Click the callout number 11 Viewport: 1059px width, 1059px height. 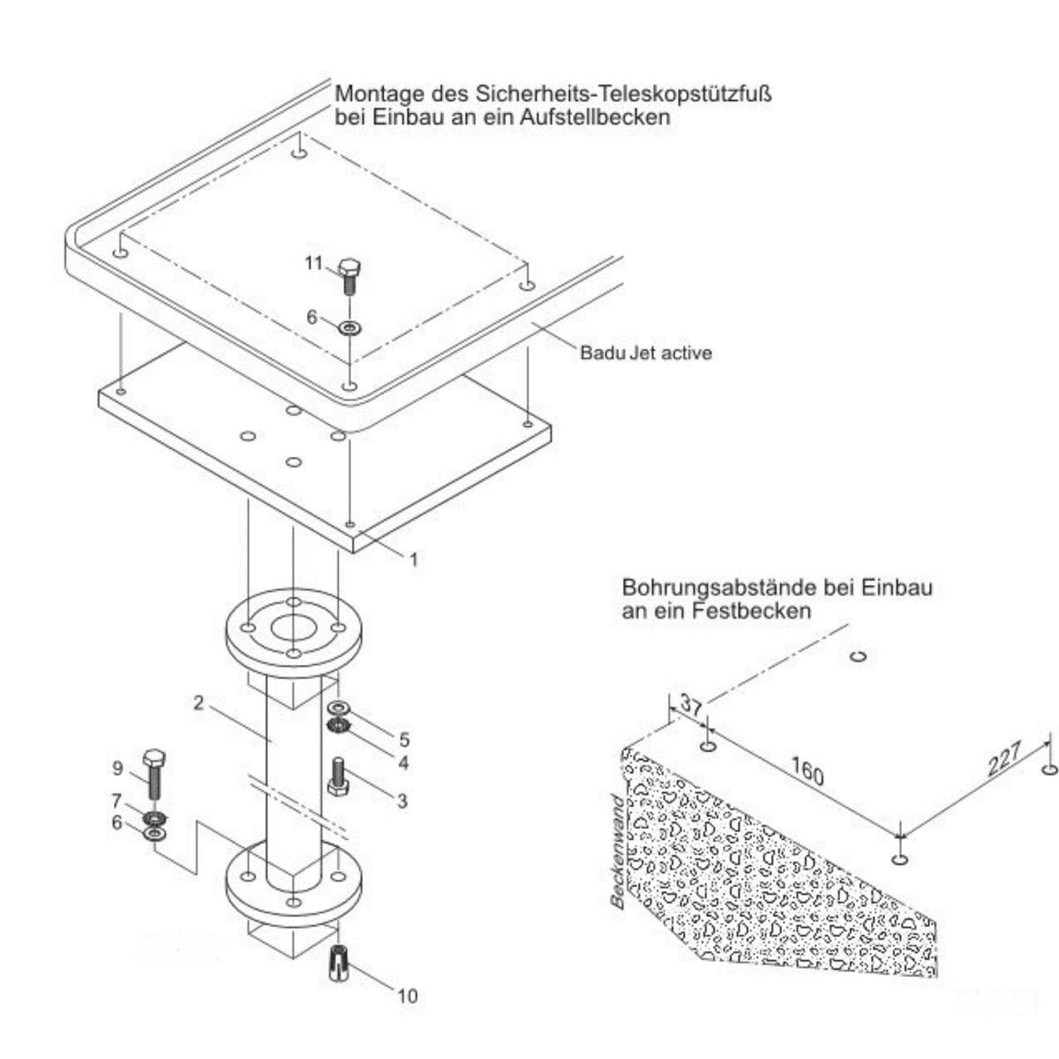(313, 263)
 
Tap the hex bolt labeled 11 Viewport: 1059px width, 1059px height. (349, 275)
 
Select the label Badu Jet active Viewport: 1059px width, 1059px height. (645, 353)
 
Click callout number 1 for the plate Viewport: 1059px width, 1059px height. (413, 559)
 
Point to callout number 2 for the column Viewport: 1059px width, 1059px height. (199, 703)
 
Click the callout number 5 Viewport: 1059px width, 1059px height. (404, 739)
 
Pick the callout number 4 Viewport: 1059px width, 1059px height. (402, 762)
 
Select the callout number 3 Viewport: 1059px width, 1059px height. (402, 800)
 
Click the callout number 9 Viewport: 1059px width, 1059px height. (117, 769)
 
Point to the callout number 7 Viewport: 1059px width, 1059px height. (116, 800)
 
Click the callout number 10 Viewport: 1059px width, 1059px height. (407, 996)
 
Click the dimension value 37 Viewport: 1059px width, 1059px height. (692, 707)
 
